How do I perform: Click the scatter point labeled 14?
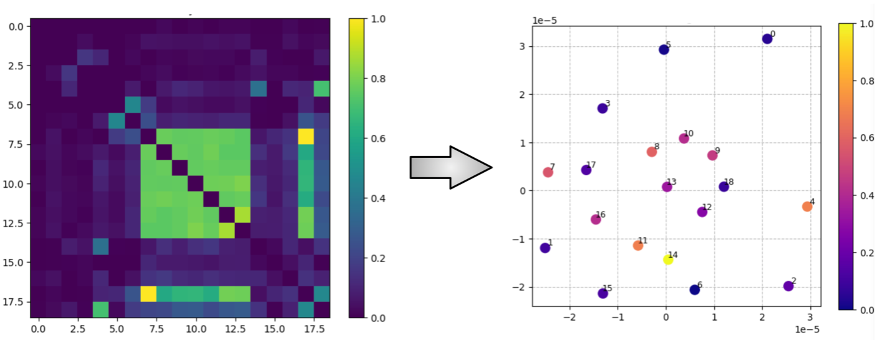coord(668,260)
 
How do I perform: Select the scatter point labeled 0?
coord(767,39)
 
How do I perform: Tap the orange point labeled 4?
coord(807,207)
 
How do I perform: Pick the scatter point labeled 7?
coord(548,172)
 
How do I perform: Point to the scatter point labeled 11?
coord(638,245)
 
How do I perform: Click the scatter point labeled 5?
coord(664,50)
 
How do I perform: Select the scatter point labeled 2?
coord(788,286)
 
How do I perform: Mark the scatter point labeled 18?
coord(724,187)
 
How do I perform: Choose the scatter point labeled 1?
coord(545,248)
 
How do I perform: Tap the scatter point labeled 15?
coord(603,293)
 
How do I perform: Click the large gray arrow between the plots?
coord(450,168)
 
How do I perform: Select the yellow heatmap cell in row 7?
coord(306,136)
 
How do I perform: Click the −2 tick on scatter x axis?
coord(570,317)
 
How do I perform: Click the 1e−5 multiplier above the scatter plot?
coord(545,21)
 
